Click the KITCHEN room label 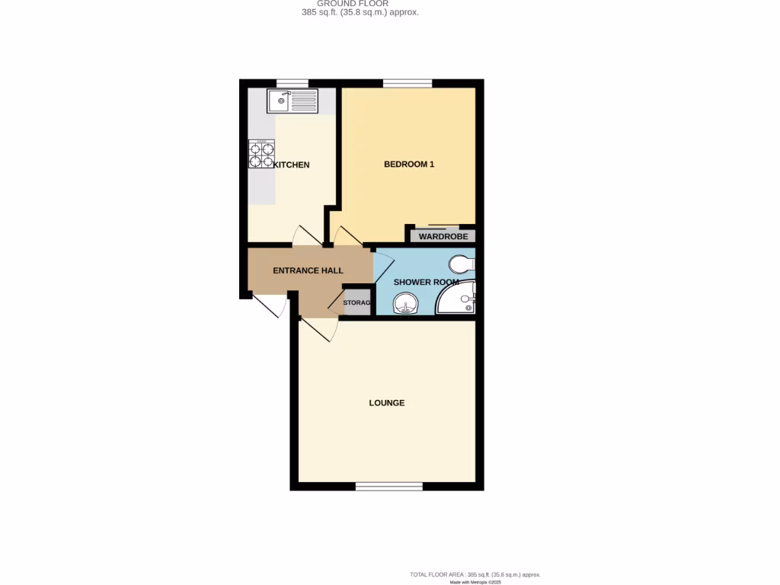pyautogui.click(x=291, y=165)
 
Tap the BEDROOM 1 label pyautogui.click(x=409, y=164)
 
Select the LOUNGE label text pyautogui.click(x=387, y=403)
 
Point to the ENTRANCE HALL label pyautogui.click(x=308, y=270)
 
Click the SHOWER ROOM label pyautogui.click(x=426, y=282)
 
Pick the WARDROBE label pyautogui.click(x=443, y=236)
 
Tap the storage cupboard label pyautogui.click(x=356, y=303)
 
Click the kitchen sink pyautogui.click(x=292, y=101)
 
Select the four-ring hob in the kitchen pyautogui.click(x=261, y=155)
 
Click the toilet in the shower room pyautogui.click(x=462, y=265)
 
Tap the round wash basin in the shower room pyautogui.click(x=405, y=305)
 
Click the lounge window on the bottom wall pyautogui.click(x=388, y=486)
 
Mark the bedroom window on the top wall pyautogui.click(x=407, y=83)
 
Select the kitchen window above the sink pyautogui.click(x=292, y=83)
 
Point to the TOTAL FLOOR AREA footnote pyautogui.click(x=475, y=574)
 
